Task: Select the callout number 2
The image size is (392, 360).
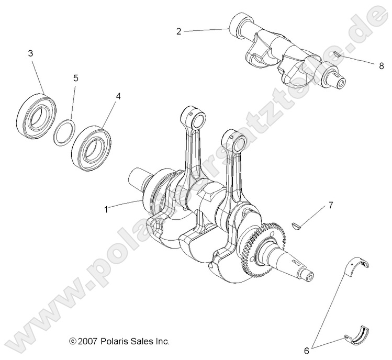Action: click(178, 31)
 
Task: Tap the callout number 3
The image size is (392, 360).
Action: click(30, 53)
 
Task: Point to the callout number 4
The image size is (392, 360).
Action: click(118, 96)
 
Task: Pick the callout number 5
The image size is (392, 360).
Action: click(76, 78)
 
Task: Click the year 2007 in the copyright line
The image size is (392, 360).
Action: click(89, 341)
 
